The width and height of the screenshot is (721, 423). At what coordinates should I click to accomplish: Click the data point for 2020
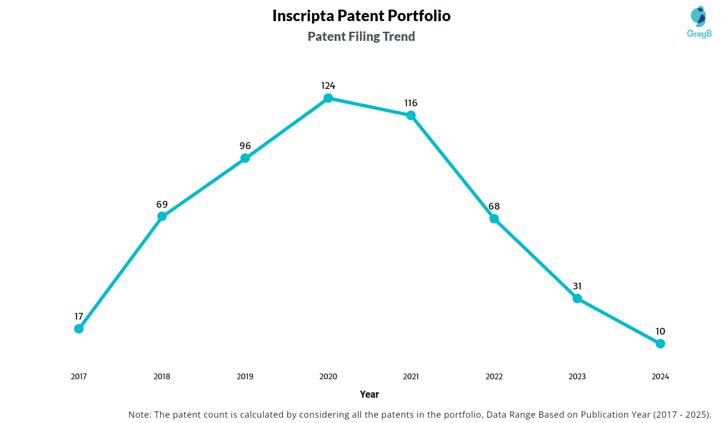coord(328,98)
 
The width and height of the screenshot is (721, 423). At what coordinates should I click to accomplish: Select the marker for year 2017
coord(79,329)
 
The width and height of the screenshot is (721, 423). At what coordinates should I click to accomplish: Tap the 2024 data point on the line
coord(660,344)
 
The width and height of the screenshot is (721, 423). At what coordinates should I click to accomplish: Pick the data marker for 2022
coord(494,219)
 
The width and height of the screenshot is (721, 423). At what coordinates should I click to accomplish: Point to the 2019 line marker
coord(245,158)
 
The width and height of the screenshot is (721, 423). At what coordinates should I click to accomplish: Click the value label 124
coord(328,86)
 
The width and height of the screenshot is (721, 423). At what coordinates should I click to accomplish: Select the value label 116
coord(411,103)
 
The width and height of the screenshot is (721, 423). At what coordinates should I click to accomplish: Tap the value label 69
coord(162,204)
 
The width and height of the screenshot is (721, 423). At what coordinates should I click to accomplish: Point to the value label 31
coord(577,286)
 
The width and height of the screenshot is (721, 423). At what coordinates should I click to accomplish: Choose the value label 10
coord(660,331)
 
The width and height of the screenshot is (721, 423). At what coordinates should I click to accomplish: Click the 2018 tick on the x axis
coord(162,376)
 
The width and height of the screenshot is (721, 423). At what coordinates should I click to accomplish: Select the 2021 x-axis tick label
coord(411,376)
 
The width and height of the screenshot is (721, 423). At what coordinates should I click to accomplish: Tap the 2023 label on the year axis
coord(577,376)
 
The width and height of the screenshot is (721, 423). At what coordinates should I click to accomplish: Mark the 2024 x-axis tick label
coord(660,376)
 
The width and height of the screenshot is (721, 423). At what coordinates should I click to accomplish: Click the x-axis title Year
coord(370,394)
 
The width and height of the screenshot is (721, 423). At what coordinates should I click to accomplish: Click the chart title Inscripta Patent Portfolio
coord(361,16)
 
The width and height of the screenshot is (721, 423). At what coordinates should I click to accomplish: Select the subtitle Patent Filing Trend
coord(361,37)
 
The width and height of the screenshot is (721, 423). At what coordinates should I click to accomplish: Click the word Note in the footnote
coord(139,414)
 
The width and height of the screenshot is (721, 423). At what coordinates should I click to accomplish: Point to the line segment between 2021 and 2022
coord(452,167)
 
